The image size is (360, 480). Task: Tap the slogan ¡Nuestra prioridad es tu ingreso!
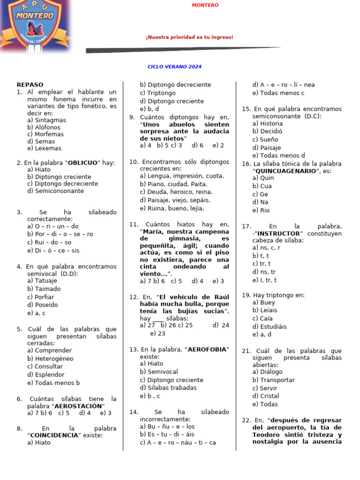coord(189,37)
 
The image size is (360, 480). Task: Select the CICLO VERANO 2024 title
coord(174,67)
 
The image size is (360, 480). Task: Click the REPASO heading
coord(30,85)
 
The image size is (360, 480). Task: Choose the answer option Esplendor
coord(46,375)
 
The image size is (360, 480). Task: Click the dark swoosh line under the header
coord(183,49)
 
